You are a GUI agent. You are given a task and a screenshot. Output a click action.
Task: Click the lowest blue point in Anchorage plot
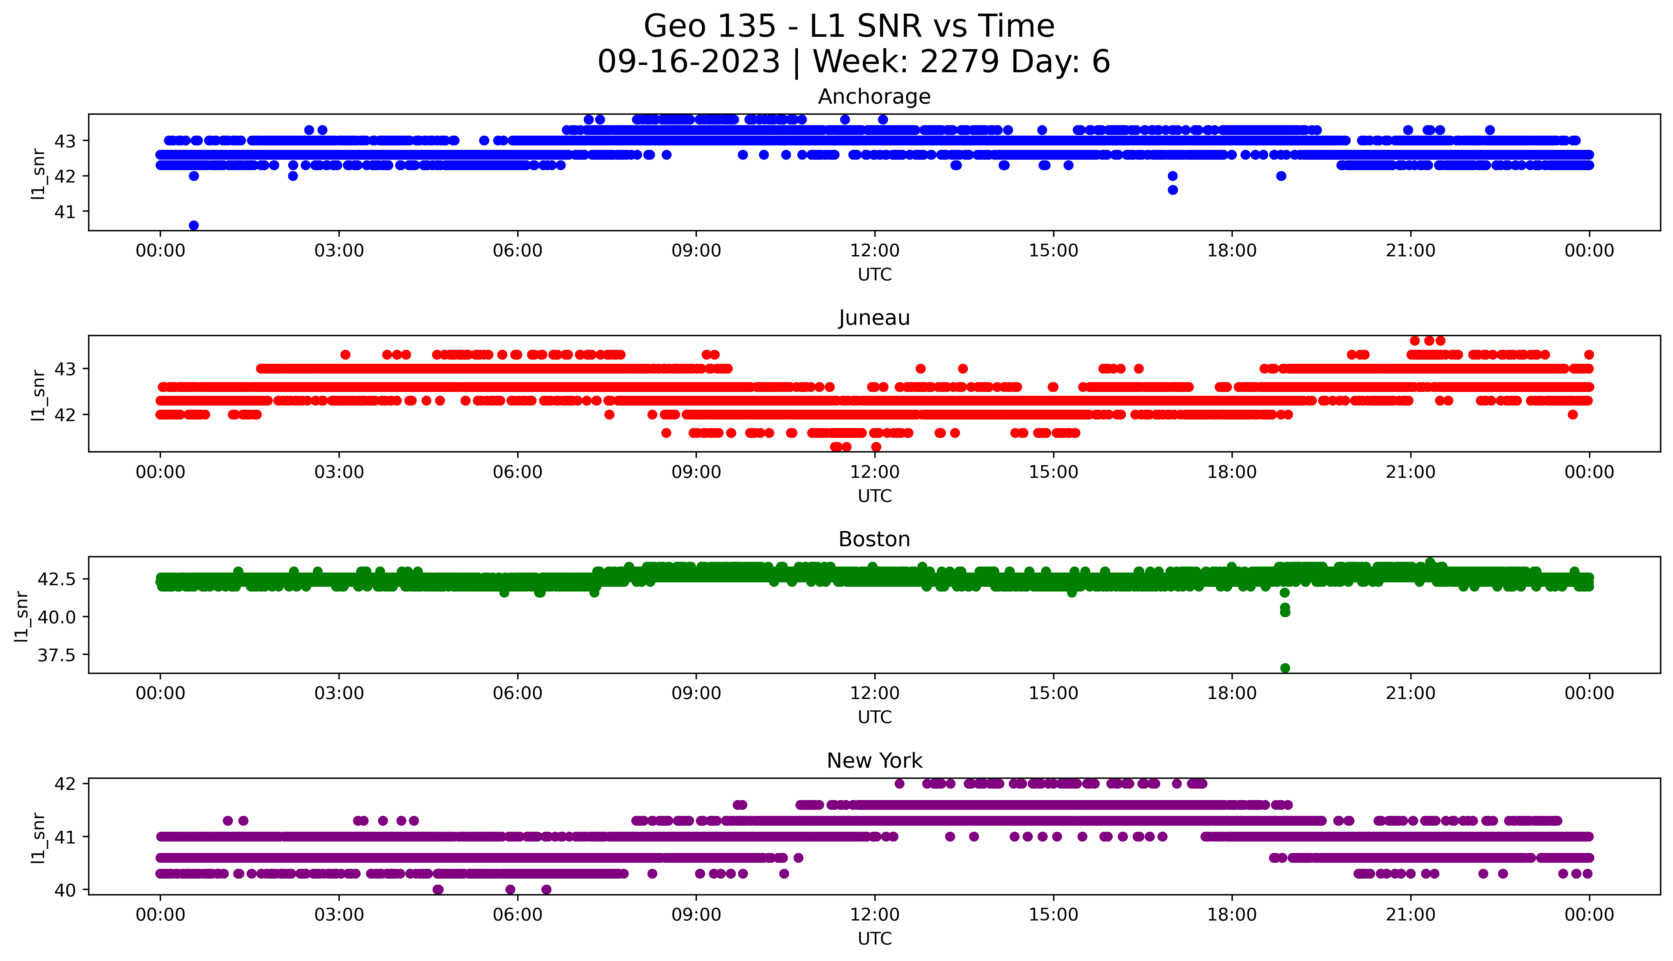[193, 225]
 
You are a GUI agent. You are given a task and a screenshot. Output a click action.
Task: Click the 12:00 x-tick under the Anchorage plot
[874, 251]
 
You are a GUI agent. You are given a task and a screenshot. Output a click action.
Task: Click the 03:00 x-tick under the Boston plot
[339, 693]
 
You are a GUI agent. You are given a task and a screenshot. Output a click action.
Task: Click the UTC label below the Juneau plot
[874, 496]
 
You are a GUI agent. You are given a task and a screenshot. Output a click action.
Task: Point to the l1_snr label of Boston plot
[22, 616]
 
